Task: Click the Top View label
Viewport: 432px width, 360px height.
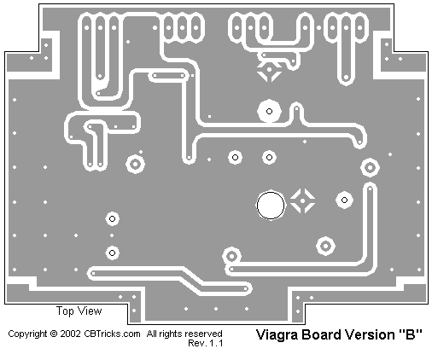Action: tap(79, 311)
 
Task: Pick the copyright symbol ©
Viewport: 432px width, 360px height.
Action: tap(54, 334)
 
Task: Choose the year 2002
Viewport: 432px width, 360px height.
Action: tap(70, 334)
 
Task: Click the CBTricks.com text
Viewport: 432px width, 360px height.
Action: tap(112, 334)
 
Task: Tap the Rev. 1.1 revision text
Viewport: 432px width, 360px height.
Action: tap(205, 343)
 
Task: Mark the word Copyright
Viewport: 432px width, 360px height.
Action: tap(27, 334)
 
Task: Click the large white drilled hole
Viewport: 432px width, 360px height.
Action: tap(271, 205)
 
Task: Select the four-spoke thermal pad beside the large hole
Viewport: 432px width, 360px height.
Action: tap(302, 200)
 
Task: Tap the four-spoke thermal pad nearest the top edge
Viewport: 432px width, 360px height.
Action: tap(269, 69)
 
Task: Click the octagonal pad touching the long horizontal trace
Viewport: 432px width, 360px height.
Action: tap(269, 111)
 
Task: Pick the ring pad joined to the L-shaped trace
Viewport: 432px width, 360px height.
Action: tap(231, 256)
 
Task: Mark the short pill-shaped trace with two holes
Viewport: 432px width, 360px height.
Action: tap(168, 76)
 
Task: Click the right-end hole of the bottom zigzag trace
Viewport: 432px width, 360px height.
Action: tap(245, 289)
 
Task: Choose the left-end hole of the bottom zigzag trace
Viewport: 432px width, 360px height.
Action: tap(93, 274)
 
